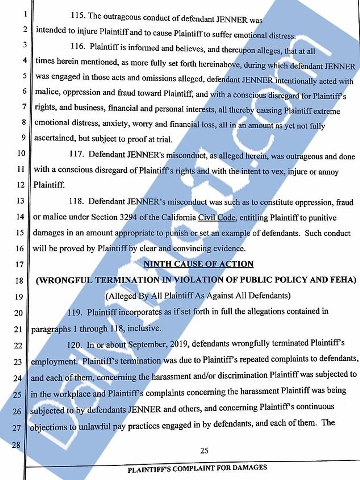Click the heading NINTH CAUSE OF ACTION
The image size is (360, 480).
[x=198, y=264]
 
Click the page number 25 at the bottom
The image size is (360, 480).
[x=204, y=451]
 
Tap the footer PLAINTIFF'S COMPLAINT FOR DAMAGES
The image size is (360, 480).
[x=197, y=468]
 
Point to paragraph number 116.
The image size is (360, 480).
[x=77, y=47]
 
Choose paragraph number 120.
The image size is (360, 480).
[x=75, y=345]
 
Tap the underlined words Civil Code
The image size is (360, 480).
[x=217, y=217]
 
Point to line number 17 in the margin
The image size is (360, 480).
[x=19, y=265]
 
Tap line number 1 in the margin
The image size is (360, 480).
[x=25, y=15]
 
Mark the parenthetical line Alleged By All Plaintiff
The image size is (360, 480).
[x=198, y=296]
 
